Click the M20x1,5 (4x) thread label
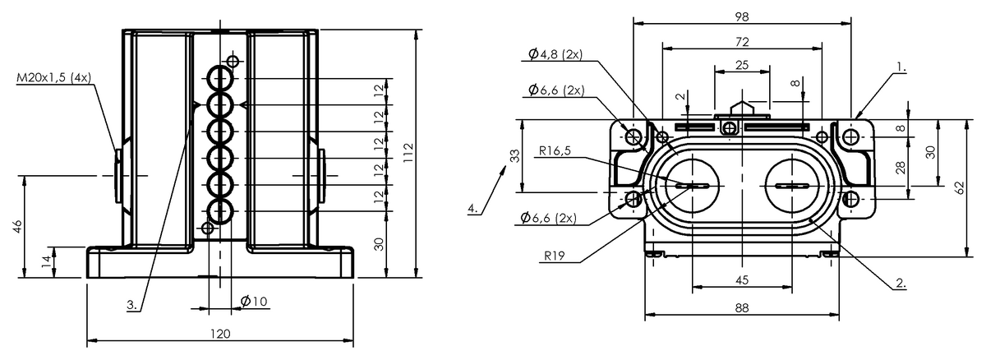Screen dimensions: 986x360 (x=53, y=78)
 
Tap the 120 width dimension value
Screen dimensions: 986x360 (x=220, y=334)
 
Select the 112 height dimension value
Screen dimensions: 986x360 (x=408, y=153)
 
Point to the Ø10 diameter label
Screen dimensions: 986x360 (x=254, y=302)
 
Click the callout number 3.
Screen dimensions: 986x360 (x=132, y=305)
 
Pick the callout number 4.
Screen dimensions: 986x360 (x=472, y=208)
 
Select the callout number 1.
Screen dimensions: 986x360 (x=901, y=67)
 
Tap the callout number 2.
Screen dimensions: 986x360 (x=901, y=283)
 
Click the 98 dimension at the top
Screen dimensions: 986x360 (x=742, y=16)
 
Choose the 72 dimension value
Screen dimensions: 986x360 (x=742, y=42)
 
